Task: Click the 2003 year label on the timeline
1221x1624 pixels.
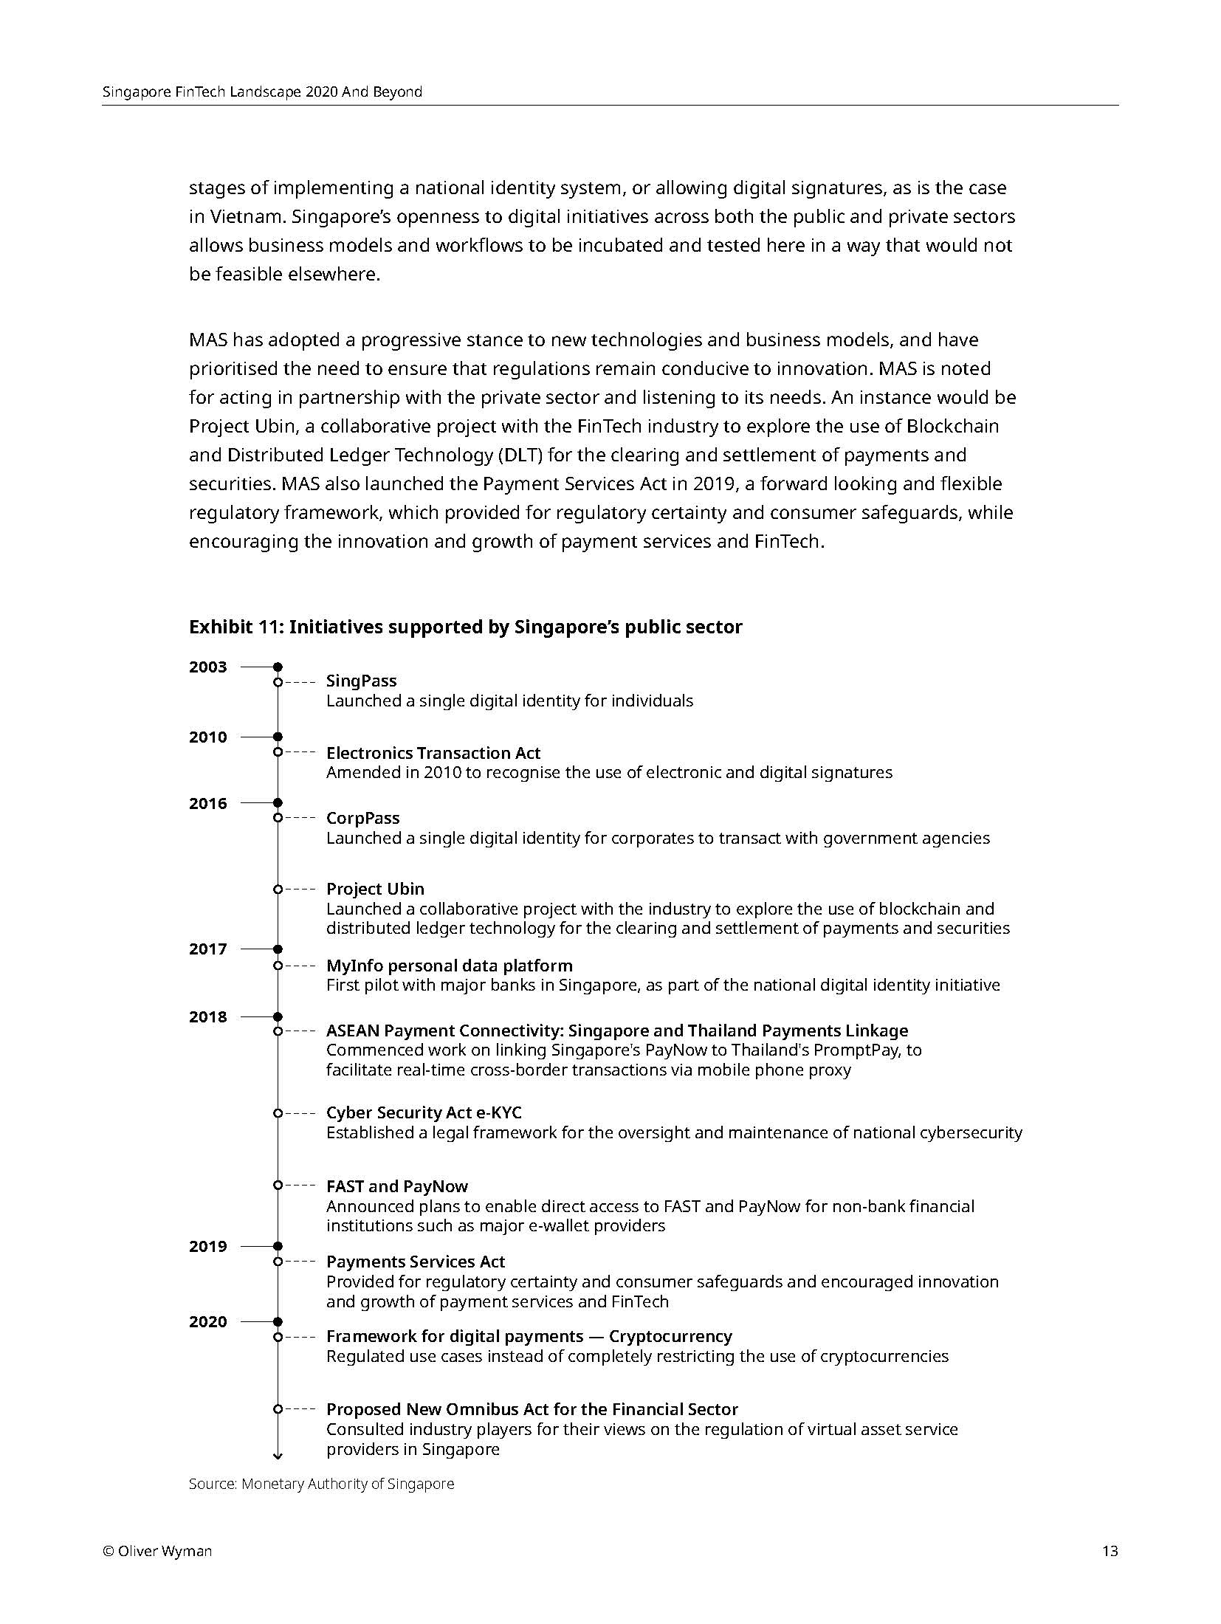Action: click(x=207, y=667)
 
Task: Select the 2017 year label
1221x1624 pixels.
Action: click(x=207, y=949)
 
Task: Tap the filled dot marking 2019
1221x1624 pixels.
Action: click(x=278, y=1246)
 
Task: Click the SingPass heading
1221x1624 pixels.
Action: click(x=361, y=681)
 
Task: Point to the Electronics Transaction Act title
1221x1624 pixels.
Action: click(x=433, y=753)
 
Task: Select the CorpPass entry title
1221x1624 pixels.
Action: click(x=362, y=818)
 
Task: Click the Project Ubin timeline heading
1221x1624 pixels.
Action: click(x=375, y=889)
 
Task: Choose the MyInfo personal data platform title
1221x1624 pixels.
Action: click(x=449, y=966)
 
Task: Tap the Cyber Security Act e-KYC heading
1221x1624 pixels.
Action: click(x=424, y=1112)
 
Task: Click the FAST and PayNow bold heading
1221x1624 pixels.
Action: click(x=396, y=1186)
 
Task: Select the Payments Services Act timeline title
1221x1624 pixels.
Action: click(x=415, y=1262)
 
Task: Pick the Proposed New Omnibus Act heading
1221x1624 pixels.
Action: click(x=532, y=1409)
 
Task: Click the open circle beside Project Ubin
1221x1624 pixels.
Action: click(x=278, y=890)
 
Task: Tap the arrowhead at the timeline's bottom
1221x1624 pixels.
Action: click(x=278, y=1456)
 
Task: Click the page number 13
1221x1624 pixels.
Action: click(x=1110, y=1551)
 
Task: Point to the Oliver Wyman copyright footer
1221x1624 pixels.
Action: click(x=157, y=1551)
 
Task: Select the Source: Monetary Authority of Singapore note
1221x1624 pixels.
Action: click(x=321, y=1484)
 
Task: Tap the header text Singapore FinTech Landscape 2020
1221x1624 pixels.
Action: click(x=262, y=92)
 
